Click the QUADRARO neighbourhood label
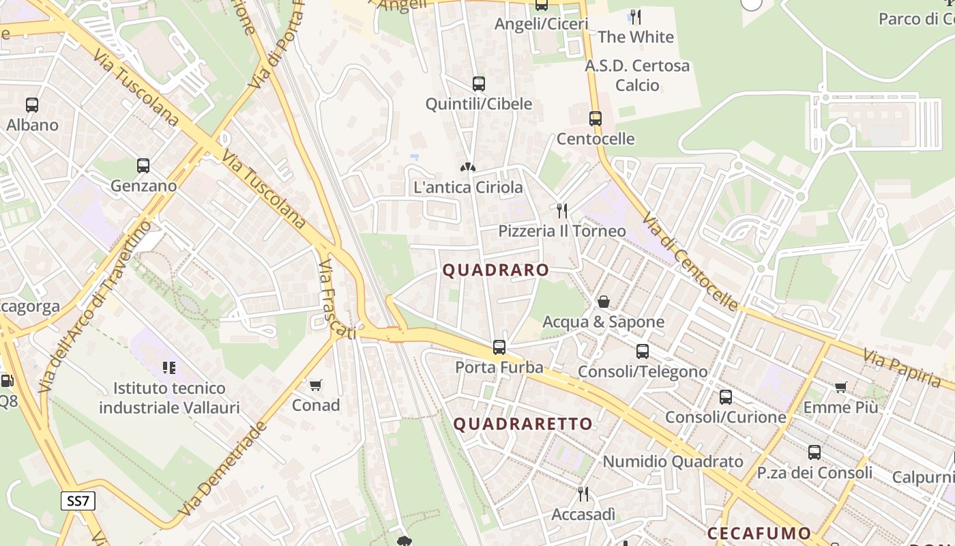[x=496, y=270]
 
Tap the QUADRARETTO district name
[x=523, y=424]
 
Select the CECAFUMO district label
[x=759, y=533]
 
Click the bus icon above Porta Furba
[x=499, y=347]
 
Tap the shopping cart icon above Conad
[x=315, y=386]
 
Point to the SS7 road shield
[x=78, y=501]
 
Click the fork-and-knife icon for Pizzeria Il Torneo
[x=562, y=210]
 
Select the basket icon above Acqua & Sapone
[x=604, y=302]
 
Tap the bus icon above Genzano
[x=143, y=166]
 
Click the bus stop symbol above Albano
[x=32, y=105]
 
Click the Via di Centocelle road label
[x=690, y=260]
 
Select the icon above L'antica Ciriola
[x=468, y=167]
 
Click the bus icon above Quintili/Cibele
[x=479, y=84]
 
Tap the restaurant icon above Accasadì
[x=583, y=493]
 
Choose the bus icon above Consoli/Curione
[x=726, y=397]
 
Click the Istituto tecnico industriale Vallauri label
[x=169, y=398]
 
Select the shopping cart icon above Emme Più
[x=841, y=388]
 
